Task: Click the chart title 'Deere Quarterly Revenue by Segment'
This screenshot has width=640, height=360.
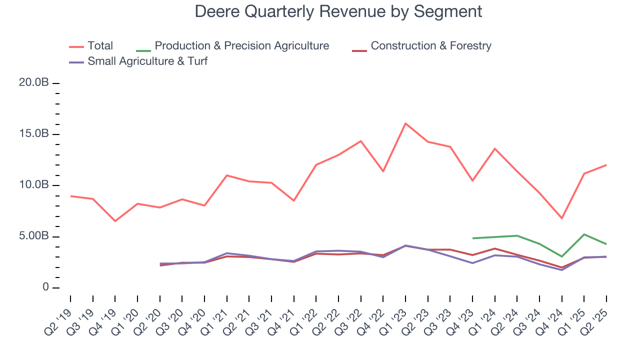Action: click(338, 11)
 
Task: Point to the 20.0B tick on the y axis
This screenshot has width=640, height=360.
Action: click(33, 82)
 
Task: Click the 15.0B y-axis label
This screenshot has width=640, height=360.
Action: click(33, 134)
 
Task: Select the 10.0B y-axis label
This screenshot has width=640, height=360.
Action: click(33, 185)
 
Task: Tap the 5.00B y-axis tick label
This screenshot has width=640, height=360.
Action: click(33, 236)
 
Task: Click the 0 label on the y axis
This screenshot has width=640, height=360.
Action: click(45, 287)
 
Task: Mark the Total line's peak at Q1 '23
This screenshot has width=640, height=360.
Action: click(405, 123)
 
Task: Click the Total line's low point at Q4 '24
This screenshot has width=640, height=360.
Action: click(562, 218)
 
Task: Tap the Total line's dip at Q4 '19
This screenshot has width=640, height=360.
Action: click(115, 221)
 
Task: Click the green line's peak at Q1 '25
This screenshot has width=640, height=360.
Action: click(584, 234)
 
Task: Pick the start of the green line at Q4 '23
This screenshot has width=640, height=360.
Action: click(472, 238)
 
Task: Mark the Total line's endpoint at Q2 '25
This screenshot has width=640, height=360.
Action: click(606, 165)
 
